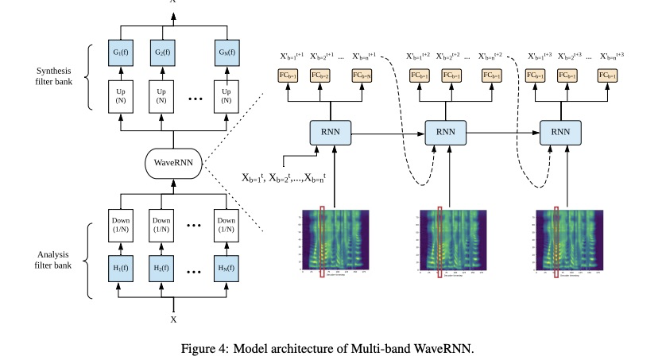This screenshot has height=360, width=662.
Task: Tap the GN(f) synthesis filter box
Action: pos(227,53)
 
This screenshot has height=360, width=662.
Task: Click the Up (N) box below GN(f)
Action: pos(227,95)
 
